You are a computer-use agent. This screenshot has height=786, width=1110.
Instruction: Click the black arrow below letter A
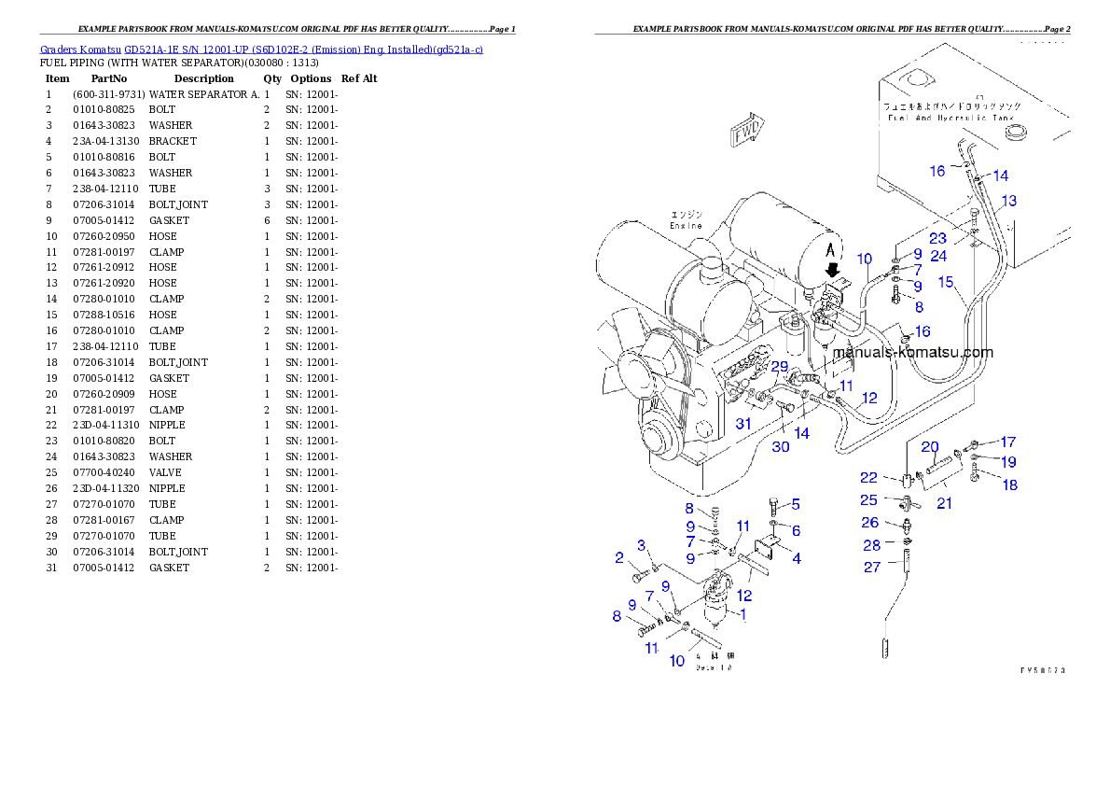pyautogui.click(x=835, y=269)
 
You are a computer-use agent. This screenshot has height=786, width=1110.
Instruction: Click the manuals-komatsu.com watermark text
pyautogui.click(x=912, y=353)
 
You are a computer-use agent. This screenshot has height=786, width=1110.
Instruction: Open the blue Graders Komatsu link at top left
pyautogui.click(x=261, y=49)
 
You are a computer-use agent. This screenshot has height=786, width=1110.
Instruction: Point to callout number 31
pyautogui.click(x=742, y=424)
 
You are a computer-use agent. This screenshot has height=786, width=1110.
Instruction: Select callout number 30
pyautogui.click(x=780, y=446)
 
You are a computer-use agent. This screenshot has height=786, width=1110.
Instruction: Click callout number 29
pyautogui.click(x=779, y=366)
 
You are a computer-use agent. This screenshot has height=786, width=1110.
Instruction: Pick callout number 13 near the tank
pyautogui.click(x=1008, y=201)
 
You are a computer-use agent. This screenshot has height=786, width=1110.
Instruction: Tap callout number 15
pyautogui.click(x=946, y=282)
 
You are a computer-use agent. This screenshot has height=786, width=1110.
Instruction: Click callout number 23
pyautogui.click(x=937, y=239)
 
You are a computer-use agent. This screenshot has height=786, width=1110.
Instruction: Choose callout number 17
pyautogui.click(x=1007, y=442)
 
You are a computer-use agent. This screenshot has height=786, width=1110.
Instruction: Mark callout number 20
pyautogui.click(x=930, y=446)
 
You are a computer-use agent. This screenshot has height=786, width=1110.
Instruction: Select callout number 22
pyautogui.click(x=868, y=478)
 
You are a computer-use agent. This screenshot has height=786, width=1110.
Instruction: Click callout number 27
pyautogui.click(x=871, y=567)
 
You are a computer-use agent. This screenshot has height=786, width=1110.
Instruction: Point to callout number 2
pyautogui.click(x=619, y=558)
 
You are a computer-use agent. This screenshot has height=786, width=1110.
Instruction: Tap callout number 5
pyautogui.click(x=796, y=504)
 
